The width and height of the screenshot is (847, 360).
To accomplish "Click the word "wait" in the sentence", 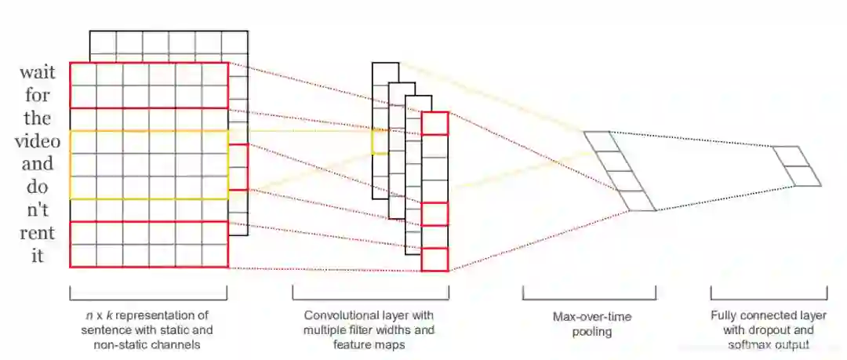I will click(38, 73).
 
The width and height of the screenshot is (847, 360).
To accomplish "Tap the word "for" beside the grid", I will click(38, 96).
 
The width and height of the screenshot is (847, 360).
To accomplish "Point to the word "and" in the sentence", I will click(38, 165).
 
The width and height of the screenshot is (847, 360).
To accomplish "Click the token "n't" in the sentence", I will click(38, 210).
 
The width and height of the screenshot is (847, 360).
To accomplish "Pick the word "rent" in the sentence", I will click(38, 233).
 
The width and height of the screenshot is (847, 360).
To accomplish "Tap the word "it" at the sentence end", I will click(38, 256).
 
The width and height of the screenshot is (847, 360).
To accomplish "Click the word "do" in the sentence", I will click(38, 187).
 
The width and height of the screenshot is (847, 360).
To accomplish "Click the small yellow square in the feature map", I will click(380, 141).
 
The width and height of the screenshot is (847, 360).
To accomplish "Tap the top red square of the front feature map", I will click(434, 124).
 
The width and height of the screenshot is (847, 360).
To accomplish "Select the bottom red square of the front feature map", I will click(434, 260).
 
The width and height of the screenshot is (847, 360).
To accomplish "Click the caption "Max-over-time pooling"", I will click(589, 325).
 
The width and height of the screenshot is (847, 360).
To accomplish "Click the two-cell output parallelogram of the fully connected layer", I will click(797, 166).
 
